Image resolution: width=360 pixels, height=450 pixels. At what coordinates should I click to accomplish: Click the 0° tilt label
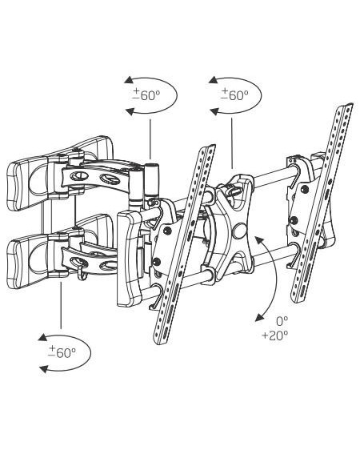pos(282,321)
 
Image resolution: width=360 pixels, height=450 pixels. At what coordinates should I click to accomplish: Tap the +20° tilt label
pos(275,335)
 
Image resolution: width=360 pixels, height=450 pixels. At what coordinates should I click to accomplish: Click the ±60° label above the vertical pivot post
pos(146,94)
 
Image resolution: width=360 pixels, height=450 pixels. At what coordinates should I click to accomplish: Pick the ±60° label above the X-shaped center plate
pos(234,94)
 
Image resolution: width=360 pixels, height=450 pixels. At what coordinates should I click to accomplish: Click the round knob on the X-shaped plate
pos(239,231)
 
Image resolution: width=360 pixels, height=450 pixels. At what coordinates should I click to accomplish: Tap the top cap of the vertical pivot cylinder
pos(151,165)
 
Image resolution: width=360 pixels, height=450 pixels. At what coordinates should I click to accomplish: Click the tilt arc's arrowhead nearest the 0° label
pos(260,317)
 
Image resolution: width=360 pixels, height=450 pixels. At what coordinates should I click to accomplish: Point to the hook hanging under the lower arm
pos(82,274)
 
